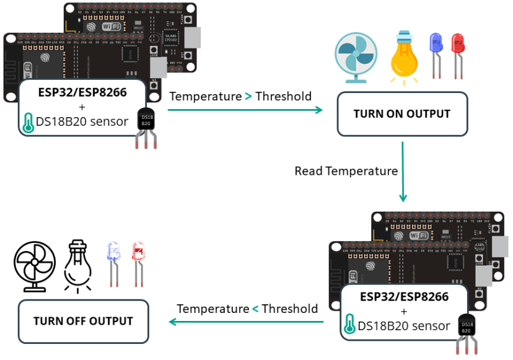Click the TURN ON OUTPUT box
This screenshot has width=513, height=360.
pyautogui.click(x=401, y=114)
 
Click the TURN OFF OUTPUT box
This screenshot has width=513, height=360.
pyautogui.click(x=83, y=321)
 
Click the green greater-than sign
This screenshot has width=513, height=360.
pyautogui.click(x=248, y=96)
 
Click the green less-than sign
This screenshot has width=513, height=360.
pyautogui.click(x=255, y=309)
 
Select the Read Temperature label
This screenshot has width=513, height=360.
pyautogui.click(x=345, y=170)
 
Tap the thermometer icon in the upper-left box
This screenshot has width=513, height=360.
pyautogui.click(x=28, y=123)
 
